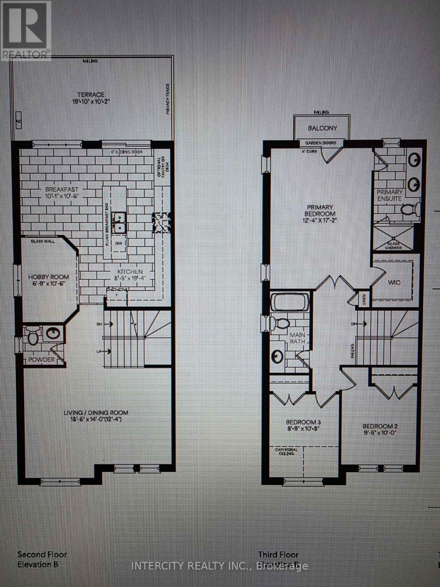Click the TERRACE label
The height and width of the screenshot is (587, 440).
(92, 95)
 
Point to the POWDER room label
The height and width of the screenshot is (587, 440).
(42, 360)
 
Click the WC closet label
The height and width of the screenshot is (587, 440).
(395, 283)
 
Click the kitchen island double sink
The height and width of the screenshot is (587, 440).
(119, 222)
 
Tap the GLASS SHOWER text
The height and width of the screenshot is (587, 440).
(395, 245)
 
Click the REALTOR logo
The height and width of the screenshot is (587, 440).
(25, 30)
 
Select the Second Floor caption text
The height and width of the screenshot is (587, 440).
(42, 555)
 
